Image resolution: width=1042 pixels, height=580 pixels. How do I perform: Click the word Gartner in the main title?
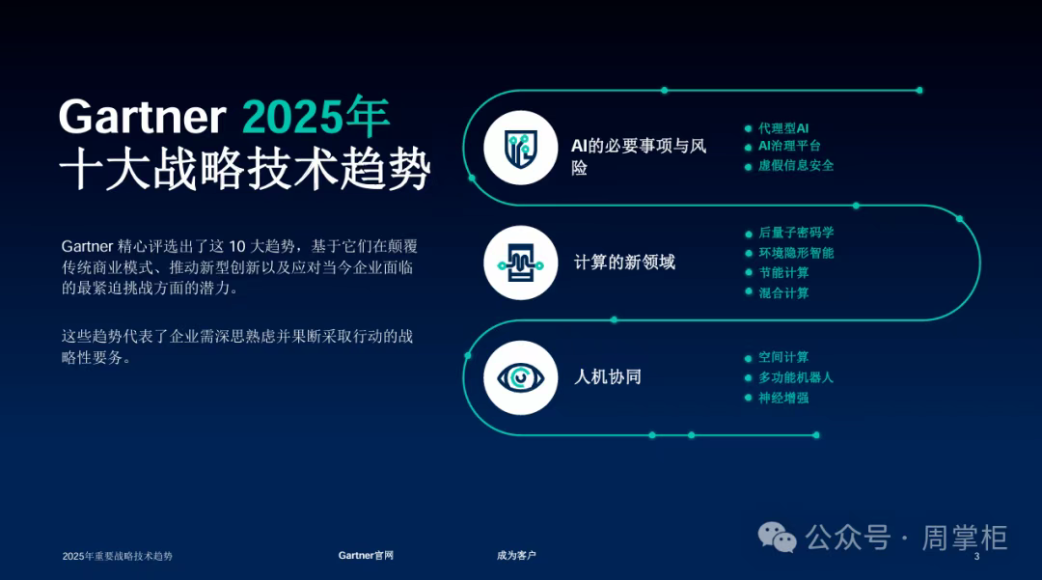[x=142, y=117]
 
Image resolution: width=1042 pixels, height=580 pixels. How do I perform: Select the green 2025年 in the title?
[x=315, y=116]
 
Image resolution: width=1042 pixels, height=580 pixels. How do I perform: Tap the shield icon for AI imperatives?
[x=520, y=148]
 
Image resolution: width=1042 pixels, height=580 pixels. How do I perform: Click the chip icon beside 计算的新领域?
[x=520, y=262]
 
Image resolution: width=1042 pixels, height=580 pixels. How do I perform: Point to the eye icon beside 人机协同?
[x=520, y=377]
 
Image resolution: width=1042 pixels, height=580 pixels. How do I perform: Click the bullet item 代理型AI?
[x=783, y=128]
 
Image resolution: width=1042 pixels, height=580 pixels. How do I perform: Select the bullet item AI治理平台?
[x=789, y=146]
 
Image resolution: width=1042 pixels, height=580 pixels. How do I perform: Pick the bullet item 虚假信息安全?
[x=796, y=165]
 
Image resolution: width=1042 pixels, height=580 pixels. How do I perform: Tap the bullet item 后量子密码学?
[x=796, y=233]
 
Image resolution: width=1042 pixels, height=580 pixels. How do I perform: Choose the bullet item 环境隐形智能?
[x=796, y=253]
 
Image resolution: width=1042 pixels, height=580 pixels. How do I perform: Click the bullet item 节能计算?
[x=783, y=273]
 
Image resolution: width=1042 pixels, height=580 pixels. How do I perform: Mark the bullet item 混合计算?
[x=783, y=293]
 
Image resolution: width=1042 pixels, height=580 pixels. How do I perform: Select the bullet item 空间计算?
[x=783, y=357]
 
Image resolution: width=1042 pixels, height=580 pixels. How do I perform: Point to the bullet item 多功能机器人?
[x=796, y=377]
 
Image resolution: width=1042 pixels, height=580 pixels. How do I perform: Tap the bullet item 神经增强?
[x=783, y=398]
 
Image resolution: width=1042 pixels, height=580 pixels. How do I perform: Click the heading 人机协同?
[x=608, y=377]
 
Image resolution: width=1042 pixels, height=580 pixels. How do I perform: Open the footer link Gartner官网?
[x=366, y=556]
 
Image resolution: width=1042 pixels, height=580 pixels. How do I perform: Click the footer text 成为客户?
[x=516, y=556]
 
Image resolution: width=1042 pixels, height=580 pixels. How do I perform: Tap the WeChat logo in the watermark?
[x=777, y=537]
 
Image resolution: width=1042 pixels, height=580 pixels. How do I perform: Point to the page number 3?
[x=976, y=557]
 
